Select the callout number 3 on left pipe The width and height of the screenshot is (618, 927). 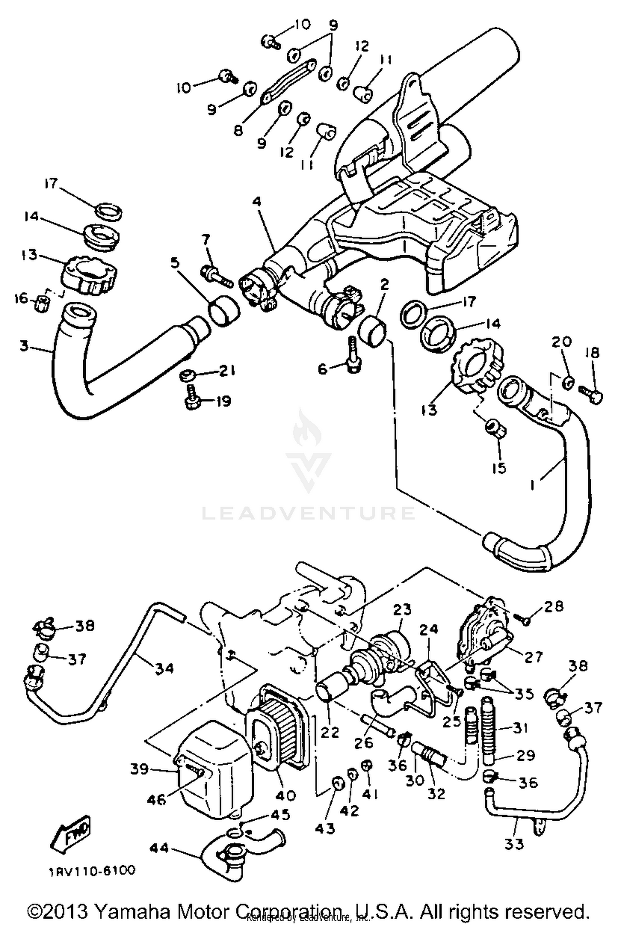pos(24,346)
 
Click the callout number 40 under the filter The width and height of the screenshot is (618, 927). pos(286,795)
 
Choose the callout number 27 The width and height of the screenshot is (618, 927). pos(533,657)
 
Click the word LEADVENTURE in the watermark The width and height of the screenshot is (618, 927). pos(308,513)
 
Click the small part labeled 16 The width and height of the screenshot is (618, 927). pos(43,304)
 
